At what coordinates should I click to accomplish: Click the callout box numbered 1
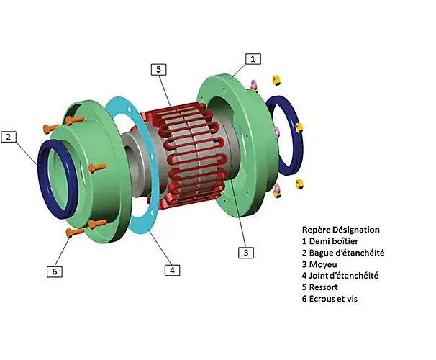(253, 59)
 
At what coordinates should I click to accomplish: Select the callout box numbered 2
(9, 137)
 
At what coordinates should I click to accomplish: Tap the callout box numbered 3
(246, 253)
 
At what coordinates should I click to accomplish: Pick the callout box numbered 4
(173, 270)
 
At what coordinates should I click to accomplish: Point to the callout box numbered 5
(158, 69)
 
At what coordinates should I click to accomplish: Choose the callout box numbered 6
(55, 271)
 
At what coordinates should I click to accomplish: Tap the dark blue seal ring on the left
(42, 178)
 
